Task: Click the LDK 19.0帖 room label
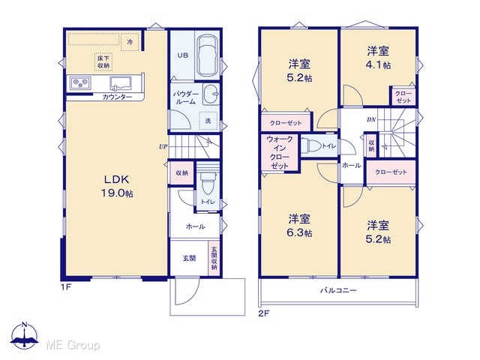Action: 117,186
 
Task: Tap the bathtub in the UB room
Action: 207,56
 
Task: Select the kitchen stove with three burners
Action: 80,82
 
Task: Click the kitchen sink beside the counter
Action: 121,83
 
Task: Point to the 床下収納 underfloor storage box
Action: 103,61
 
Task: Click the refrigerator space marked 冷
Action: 130,42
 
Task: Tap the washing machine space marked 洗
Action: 208,121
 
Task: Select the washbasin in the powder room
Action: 211,94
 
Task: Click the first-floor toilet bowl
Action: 208,183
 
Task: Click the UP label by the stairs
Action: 163,147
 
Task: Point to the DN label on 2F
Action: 371,119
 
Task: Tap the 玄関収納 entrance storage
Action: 214,258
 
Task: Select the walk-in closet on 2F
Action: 279,152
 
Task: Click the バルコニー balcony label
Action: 338,290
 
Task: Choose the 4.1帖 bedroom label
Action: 378,58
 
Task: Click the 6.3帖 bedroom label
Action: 299,226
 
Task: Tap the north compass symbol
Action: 25,335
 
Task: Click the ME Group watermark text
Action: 73,345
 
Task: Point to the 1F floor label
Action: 66,287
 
